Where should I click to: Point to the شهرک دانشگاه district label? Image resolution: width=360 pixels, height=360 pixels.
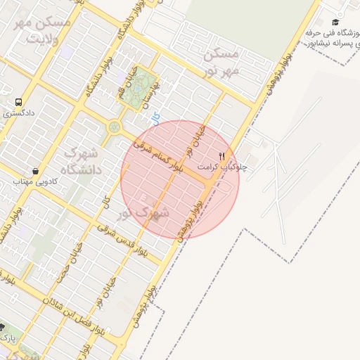(83, 160)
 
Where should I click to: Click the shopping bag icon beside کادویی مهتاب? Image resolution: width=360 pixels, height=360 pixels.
(35, 170)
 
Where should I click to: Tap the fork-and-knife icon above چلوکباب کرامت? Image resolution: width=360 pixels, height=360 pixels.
(222, 155)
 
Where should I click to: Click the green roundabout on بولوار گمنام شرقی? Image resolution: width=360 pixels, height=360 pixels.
(114, 127)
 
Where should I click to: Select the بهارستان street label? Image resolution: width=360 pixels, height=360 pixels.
(153, 95)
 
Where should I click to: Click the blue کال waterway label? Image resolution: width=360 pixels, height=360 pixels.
(155, 117)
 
